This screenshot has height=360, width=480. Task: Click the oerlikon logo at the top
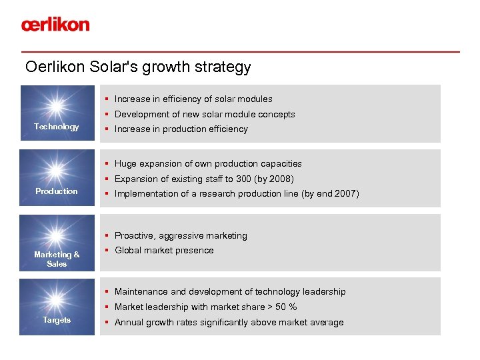click(x=55, y=25)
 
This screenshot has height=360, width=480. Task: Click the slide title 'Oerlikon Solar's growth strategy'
click(x=138, y=67)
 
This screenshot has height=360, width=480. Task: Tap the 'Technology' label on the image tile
click(x=57, y=127)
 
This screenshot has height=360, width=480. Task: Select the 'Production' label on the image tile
click(x=57, y=191)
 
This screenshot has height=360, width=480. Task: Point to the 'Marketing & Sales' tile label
click(x=57, y=259)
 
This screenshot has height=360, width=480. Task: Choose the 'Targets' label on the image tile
click(x=57, y=321)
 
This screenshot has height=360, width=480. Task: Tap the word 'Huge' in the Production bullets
click(x=125, y=164)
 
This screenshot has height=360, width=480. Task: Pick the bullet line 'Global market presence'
click(x=164, y=251)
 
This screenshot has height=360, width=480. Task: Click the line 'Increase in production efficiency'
click(x=181, y=129)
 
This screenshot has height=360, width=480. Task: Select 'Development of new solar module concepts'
click(x=204, y=115)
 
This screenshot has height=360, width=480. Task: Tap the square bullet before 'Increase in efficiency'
click(x=107, y=99)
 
